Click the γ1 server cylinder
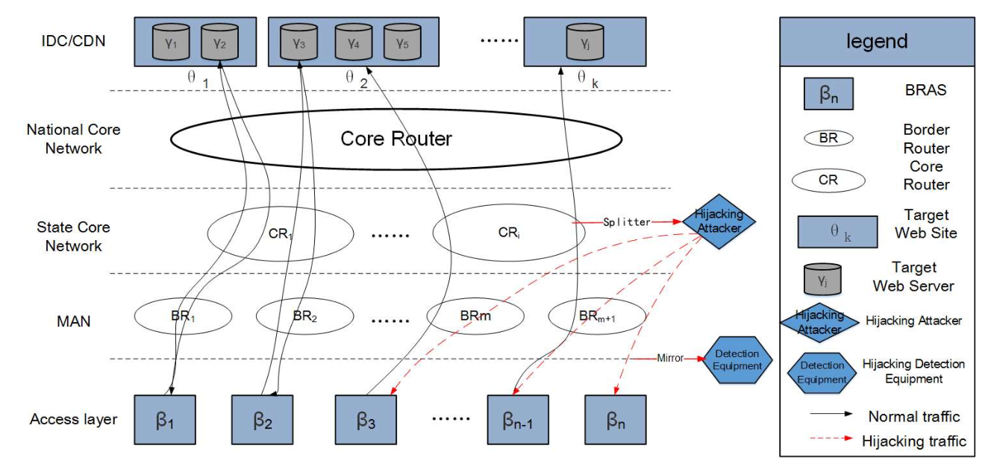tap(171, 42)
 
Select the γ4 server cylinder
tap(354, 42)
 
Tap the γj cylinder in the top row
tap(585, 42)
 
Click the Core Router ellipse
tap(396, 139)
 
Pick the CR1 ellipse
tap(281, 233)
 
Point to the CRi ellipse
tap(508, 232)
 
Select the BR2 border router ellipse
tap(305, 316)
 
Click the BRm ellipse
tap(475, 316)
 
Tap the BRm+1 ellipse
tap(597, 316)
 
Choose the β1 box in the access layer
tap(165, 420)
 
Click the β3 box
tap(366, 420)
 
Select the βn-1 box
tap(518, 420)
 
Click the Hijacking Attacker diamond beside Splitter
tap(719, 221)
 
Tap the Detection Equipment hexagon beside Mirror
tap(737, 360)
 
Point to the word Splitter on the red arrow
tap(627, 222)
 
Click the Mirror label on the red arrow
tap(670, 358)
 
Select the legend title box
tap(878, 42)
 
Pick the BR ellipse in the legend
tap(828, 138)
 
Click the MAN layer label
tap(74, 321)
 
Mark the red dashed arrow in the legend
tap(831, 438)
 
